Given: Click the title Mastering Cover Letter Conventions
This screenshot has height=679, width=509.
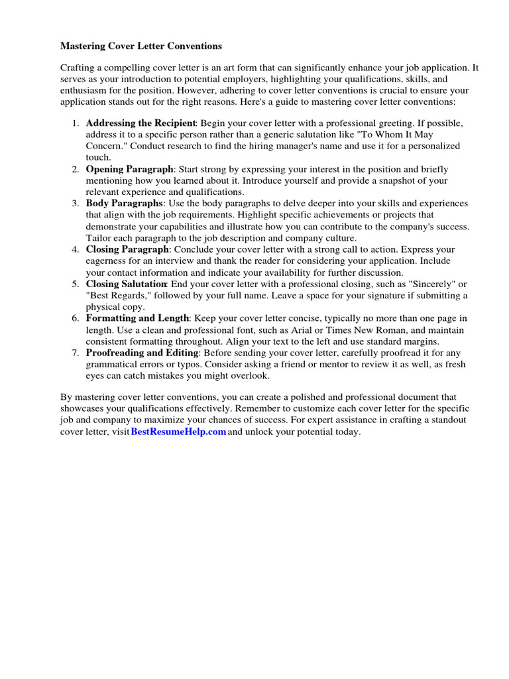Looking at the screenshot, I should [x=141, y=46].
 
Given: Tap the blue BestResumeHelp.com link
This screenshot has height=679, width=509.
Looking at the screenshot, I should [x=178, y=432].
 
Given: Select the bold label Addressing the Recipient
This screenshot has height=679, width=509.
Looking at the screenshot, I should [x=141, y=123].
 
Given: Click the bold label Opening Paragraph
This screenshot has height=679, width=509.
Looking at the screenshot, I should [x=130, y=169].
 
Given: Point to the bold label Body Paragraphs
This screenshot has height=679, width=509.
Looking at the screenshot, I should [x=124, y=204].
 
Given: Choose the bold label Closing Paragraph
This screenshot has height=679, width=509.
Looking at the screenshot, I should [x=128, y=249].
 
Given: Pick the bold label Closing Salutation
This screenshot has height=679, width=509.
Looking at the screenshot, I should [x=126, y=284].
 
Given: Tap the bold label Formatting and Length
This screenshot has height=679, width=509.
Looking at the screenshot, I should [x=137, y=318].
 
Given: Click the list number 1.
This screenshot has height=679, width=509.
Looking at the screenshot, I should [x=76, y=123].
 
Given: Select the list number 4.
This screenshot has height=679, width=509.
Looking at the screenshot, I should [x=76, y=249].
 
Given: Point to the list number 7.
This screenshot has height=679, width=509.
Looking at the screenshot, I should [x=76, y=353].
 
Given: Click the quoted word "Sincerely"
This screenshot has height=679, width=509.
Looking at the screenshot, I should [x=414, y=284].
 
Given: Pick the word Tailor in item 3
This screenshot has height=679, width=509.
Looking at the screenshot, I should [x=99, y=238].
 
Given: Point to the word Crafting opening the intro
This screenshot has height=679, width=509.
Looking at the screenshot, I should [x=79, y=68].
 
